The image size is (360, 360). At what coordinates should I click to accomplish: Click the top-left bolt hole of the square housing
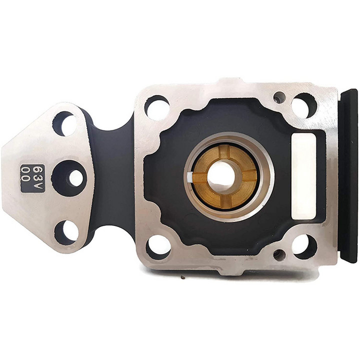(x=157, y=106)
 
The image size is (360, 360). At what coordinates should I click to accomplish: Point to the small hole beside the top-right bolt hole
(x=279, y=97)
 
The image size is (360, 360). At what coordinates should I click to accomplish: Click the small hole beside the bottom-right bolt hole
(x=279, y=255)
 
